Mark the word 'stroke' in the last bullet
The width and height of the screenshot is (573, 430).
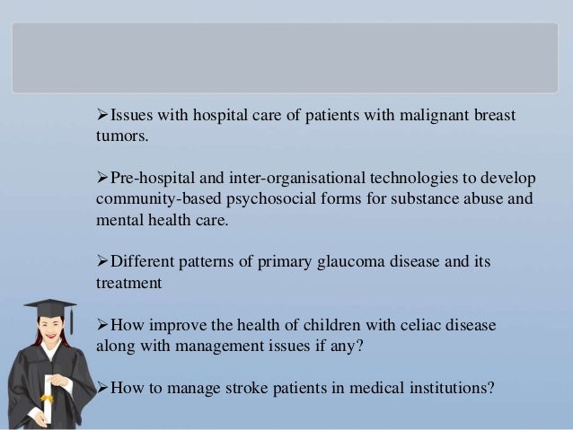(x=248, y=389)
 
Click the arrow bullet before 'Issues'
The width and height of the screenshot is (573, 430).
(x=101, y=118)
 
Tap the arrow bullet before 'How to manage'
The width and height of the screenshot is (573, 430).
(x=101, y=389)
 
